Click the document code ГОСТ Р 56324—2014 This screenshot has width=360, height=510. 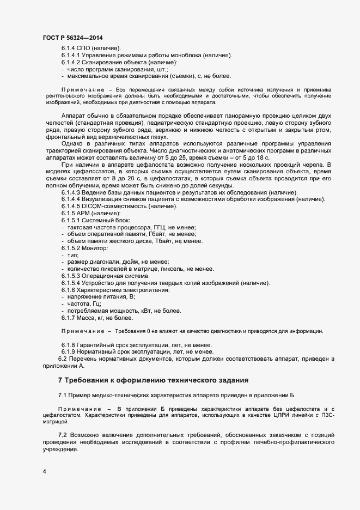tap(72, 37)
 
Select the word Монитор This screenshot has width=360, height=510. tap(96, 248)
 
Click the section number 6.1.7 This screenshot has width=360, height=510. tap(68, 318)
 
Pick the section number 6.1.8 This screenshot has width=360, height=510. tap(68, 345)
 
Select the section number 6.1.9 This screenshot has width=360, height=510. tap(68, 352)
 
